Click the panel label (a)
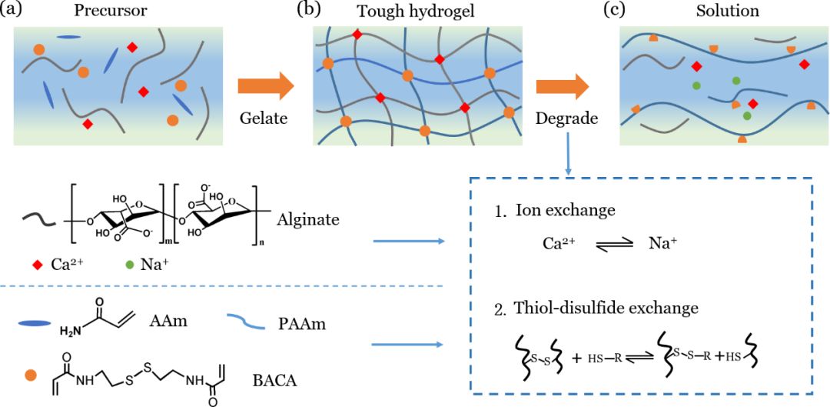click(14, 11)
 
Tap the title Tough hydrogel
click(417, 12)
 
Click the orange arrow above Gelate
click(265, 85)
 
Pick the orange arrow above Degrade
click(563, 85)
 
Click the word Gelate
click(263, 118)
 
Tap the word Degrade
click(567, 118)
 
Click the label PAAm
click(302, 324)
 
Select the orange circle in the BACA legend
click(31, 375)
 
